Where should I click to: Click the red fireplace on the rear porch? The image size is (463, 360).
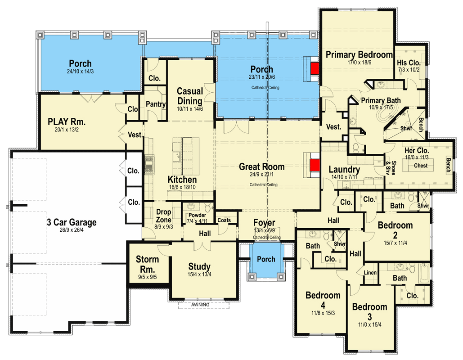pos(314,68)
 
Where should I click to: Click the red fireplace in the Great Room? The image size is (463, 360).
pos(315,166)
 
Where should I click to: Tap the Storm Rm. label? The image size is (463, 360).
pos(147,264)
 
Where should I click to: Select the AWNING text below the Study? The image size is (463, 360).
pos(200,305)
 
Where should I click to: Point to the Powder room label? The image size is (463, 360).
pos(197,215)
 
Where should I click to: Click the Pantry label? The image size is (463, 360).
pos(156,104)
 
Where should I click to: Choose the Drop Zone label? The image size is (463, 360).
pos(164,216)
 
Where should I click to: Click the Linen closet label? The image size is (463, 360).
pos(370,273)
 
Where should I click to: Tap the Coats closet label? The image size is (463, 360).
pos(224,220)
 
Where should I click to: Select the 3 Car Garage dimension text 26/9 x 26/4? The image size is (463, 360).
pos(72,230)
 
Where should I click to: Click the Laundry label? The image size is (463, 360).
pos(344,170)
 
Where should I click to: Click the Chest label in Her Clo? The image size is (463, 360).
pos(421,166)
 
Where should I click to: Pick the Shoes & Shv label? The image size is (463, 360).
pos(391,168)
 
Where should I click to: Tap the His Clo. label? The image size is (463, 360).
pos(409,63)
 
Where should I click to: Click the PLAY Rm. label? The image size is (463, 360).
pos(67,121)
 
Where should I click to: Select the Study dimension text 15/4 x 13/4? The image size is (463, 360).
pos(199,274)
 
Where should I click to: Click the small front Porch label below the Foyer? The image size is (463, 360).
pos(266,259)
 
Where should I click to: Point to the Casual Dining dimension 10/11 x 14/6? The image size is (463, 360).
pos(190,109)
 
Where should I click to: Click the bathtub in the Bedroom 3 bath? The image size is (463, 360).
pos(424,274)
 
